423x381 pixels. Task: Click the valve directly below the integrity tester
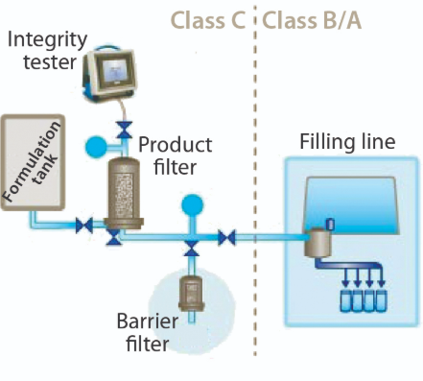(122, 129)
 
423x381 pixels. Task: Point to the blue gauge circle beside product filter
(96, 146)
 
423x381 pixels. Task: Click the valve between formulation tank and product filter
(85, 227)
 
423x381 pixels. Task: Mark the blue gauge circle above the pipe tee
(192, 204)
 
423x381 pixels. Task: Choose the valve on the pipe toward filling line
(227, 236)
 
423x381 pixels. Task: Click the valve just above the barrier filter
(192, 250)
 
